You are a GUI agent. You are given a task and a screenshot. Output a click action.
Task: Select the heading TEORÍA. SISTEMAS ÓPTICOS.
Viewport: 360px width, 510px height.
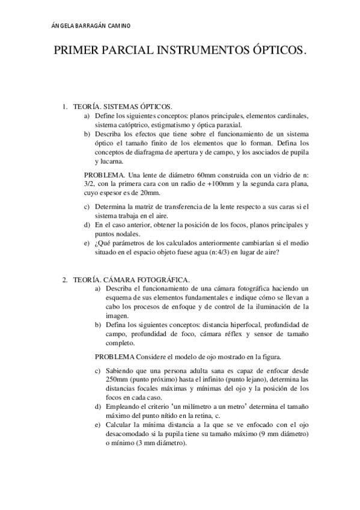(123, 106)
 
